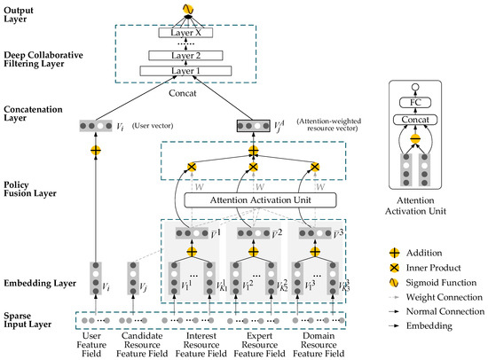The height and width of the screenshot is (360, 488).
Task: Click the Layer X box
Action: (186, 33)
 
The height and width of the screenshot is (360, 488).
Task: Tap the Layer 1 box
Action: (186, 70)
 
